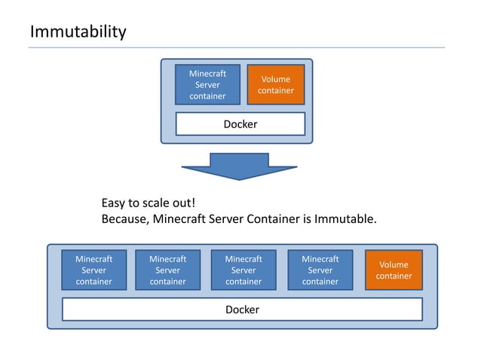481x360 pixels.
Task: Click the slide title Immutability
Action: point(78,32)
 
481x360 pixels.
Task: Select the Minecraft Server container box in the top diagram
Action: point(207,84)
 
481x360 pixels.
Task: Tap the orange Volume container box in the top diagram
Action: point(275,84)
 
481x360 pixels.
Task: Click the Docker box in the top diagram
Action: point(240,124)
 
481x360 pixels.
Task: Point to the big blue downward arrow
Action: point(240,166)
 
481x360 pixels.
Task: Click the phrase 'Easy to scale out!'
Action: point(149,203)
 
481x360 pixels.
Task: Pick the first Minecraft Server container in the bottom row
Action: point(93,270)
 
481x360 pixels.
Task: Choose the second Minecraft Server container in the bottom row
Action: point(167,270)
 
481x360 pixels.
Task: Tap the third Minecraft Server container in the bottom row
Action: point(244,270)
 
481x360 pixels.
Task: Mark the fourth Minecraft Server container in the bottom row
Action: point(320,270)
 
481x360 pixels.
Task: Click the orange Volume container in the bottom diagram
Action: point(394,270)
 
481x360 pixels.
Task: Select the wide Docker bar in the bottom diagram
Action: point(242,310)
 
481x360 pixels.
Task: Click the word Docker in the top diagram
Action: point(240,124)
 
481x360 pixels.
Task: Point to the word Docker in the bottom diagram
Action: point(242,310)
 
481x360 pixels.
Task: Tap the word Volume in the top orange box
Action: point(275,79)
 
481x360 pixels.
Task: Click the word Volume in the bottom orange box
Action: point(394,264)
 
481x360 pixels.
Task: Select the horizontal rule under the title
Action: point(236,47)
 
